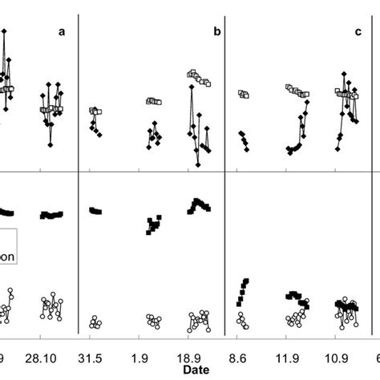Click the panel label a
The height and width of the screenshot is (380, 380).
coord(61,32)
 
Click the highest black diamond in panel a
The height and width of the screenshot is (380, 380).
coord(6,30)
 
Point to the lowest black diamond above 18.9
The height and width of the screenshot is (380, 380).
coord(197,164)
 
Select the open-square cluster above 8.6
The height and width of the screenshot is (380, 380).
coord(243,94)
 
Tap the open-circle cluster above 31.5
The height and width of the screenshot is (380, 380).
coord(95,322)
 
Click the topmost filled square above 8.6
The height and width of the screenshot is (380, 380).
coord(246,281)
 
